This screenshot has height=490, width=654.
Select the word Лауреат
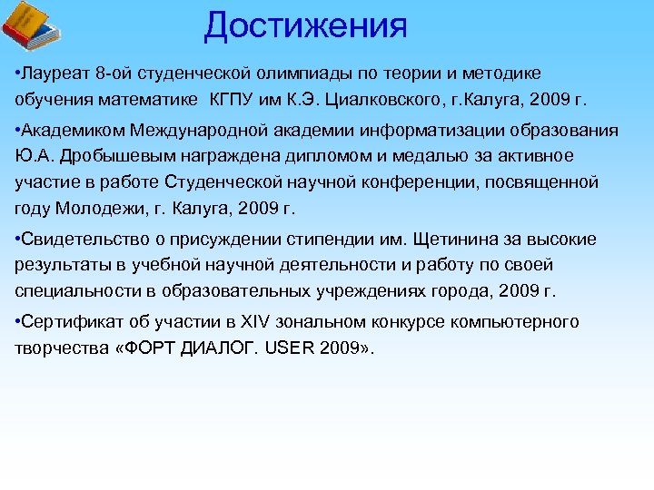[56, 73]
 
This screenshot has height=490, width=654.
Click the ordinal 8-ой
[115, 73]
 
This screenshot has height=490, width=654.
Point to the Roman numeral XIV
[255, 322]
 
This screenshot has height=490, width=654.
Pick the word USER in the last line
[292, 348]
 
